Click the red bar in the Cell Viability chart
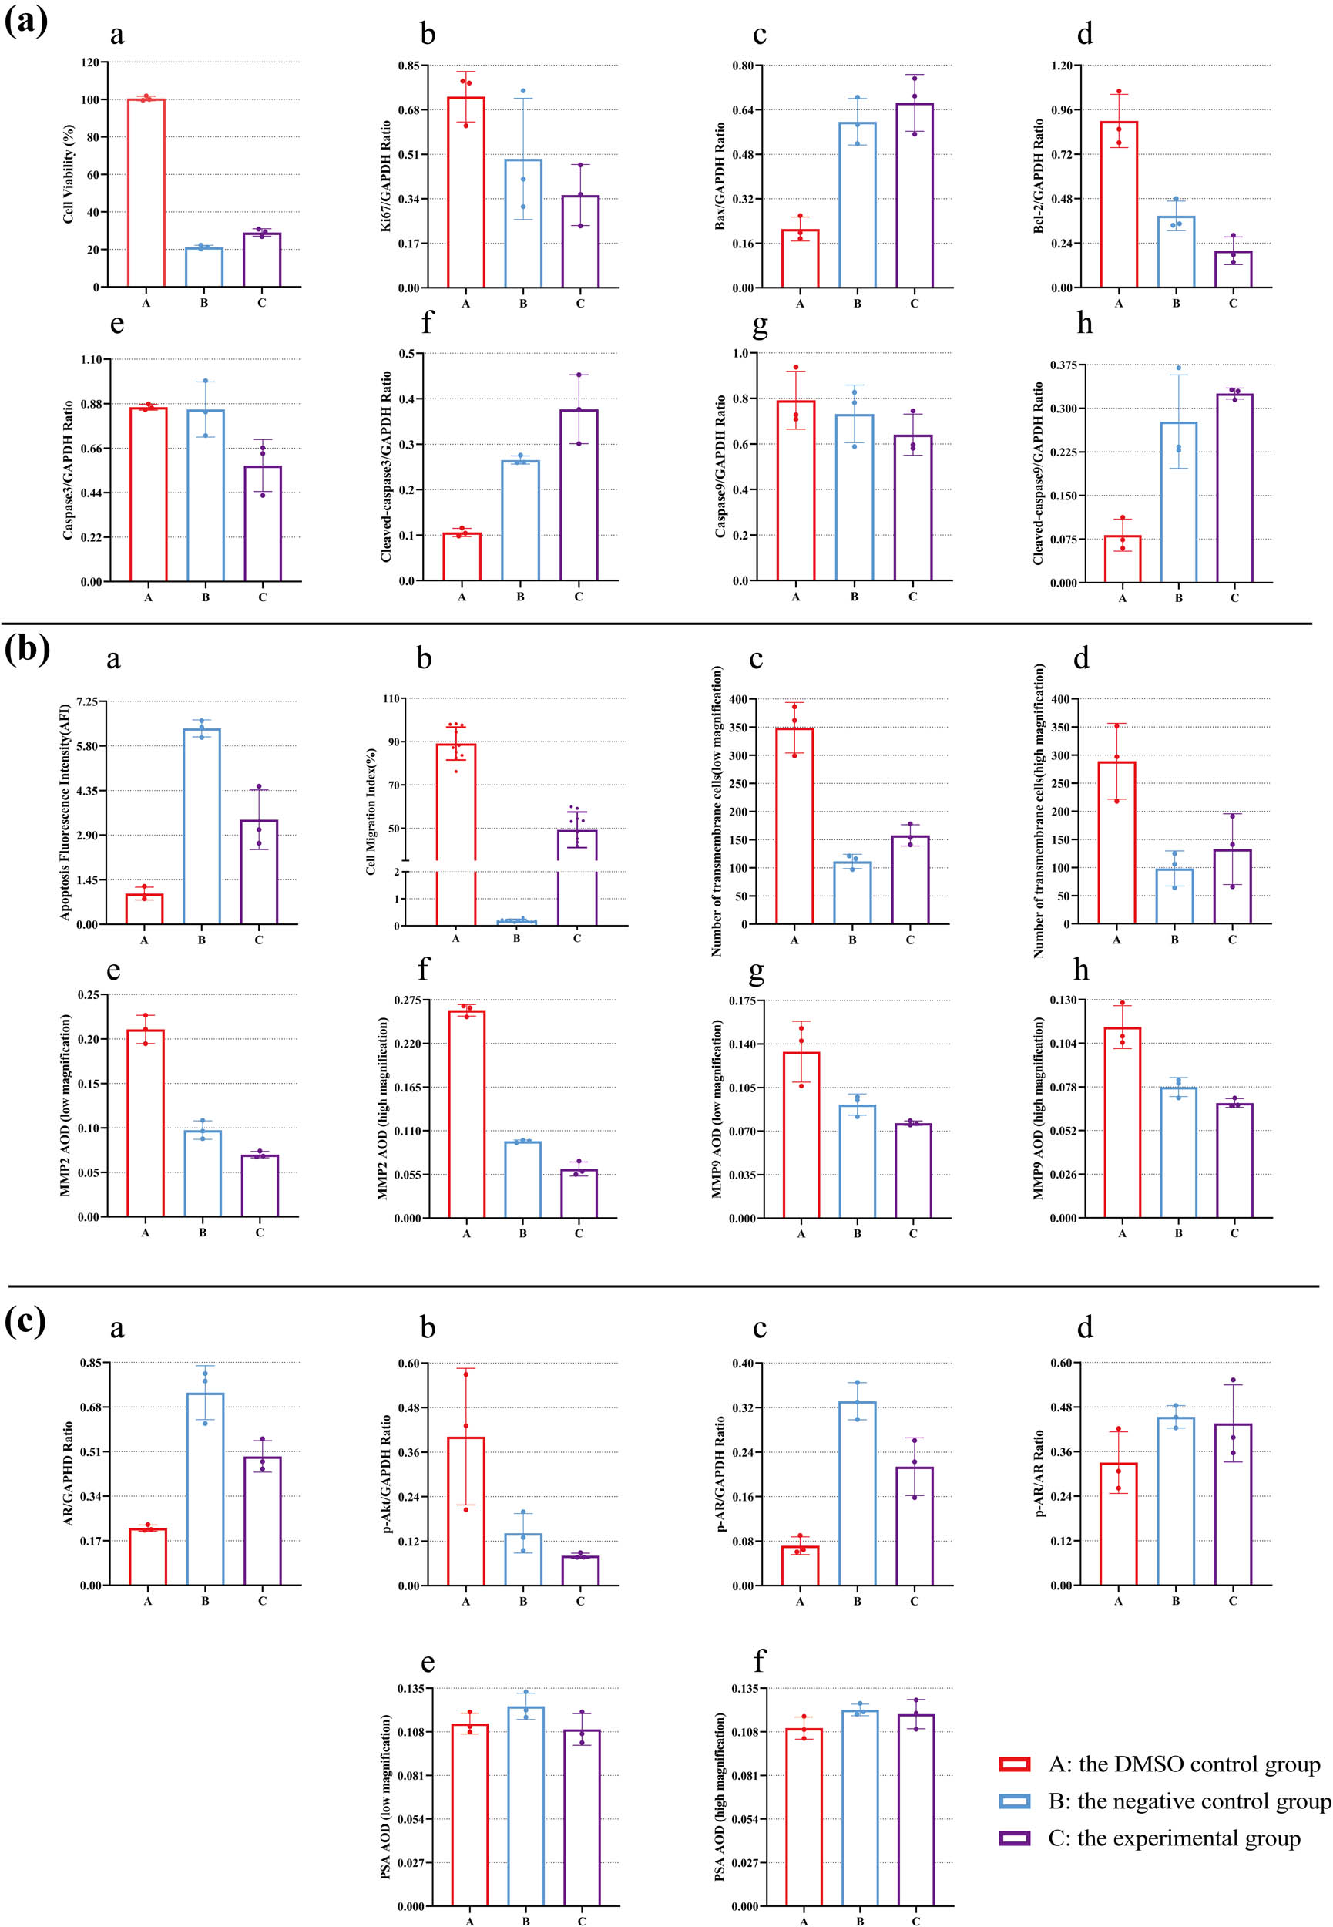[x=146, y=192]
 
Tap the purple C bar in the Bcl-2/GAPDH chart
[x=1233, y=270]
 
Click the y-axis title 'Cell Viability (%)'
[x=69, y=173]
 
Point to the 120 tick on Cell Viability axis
[x=90, y=62]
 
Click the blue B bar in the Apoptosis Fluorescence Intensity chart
[x=201, y=827]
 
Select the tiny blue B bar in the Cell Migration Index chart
[x=516, y=921]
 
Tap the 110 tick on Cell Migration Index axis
[x=390, y=698]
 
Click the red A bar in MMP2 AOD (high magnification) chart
[x=466, y=1115]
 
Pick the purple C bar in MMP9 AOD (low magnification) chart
[x=913, y=1170]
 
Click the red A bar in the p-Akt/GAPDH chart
[x=466, y=1512]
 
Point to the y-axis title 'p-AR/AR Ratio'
[x=1039, y=1474]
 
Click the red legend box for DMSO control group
[x=1014, y=1764]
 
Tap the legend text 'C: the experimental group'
[x=1174, y=1838]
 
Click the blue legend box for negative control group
[x=1014, y=1801]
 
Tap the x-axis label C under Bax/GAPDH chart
[x=914, y=303]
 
